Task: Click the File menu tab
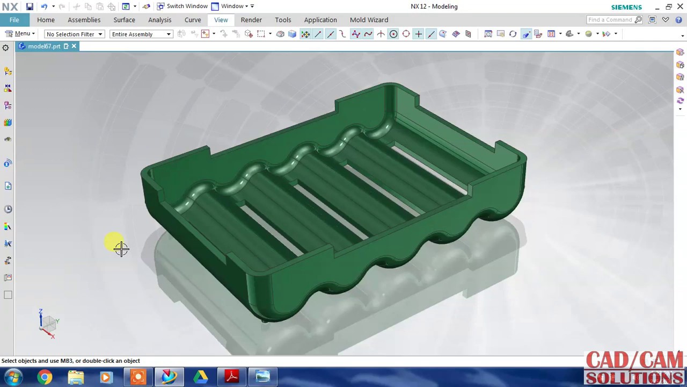(14, 20)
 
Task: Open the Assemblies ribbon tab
(84, 20)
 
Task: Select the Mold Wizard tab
(369, 20)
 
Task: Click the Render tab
(251, 20)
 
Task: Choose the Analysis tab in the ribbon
(159, 20)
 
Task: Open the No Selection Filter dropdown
(74, 34)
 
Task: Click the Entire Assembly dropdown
(141, 34)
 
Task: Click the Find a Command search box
(611, 20)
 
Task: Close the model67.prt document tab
(74, 46)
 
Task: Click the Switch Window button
(182, 6)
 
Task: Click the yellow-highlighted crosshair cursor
(121, 248)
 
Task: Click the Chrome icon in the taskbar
(45, 377)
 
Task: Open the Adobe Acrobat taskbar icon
(232, 377)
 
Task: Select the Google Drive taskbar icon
(201, 377)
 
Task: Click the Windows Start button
(13, 377)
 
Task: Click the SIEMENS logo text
(626, 7)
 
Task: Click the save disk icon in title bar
(30, 6)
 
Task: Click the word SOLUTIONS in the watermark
(635, 377)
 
